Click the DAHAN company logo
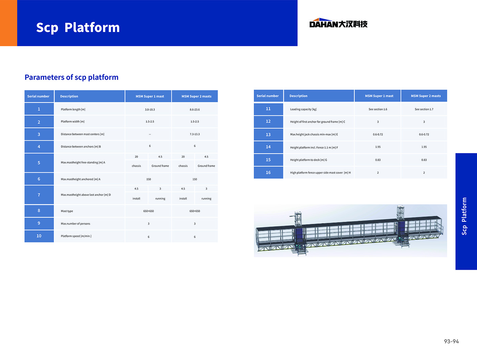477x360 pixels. (x=338, y=23)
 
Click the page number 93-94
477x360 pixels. (x=451, y=341)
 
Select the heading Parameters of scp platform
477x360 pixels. (x=72, y=77)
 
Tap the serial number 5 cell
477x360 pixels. (x=39, y=163)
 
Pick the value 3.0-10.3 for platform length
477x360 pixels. (x=150, y=109)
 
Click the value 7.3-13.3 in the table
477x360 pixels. (x=195, y=134)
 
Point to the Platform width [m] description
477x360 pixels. (x=73, y=122)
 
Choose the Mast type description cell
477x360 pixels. (x=67, y=211)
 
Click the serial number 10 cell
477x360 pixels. (x=39, y=236)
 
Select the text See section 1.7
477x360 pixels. (x=424, y=109)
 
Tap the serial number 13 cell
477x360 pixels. (x=268, y=135)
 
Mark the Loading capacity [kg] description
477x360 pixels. (x=303, y=109)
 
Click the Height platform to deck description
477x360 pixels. (x=309, y=160)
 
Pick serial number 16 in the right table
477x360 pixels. (x=268, y=173)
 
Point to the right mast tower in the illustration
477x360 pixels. (x=401, y=226)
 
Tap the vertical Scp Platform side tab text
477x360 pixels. (x=464, y=216)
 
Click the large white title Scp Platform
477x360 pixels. (x=78, y=28)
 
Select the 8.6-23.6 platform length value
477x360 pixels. (x=195, y=109)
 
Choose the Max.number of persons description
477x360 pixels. (x=75, y=224)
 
